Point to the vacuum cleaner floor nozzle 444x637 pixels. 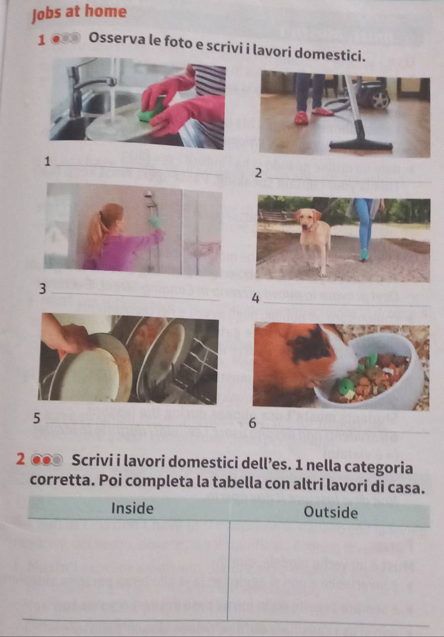click(361, 144)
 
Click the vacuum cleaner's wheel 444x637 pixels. click(380, 100)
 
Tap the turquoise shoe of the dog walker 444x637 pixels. click(363, 254)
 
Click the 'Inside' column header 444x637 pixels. click(132, 508)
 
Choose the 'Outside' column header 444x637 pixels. click(331, 513)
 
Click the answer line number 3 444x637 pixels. click(136, 296)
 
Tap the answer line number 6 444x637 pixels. click(345, 430)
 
